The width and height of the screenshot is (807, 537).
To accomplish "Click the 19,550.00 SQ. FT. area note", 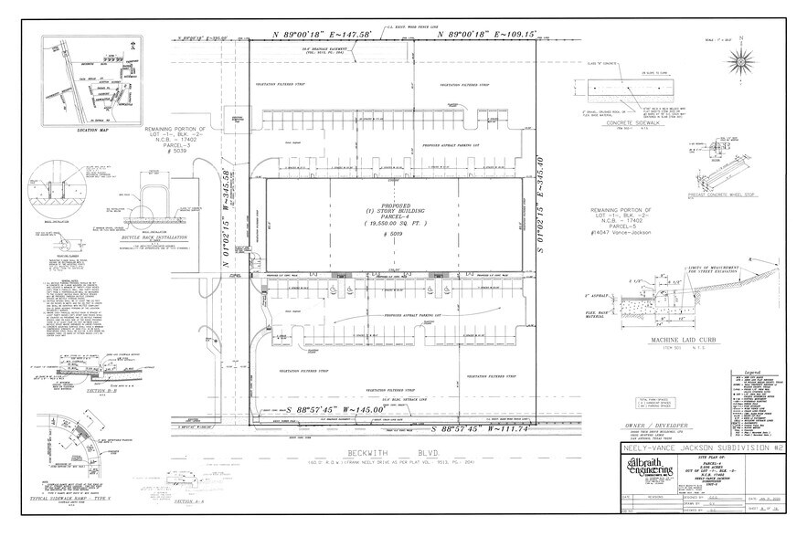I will pyautogui.click(x=393, y=223).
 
